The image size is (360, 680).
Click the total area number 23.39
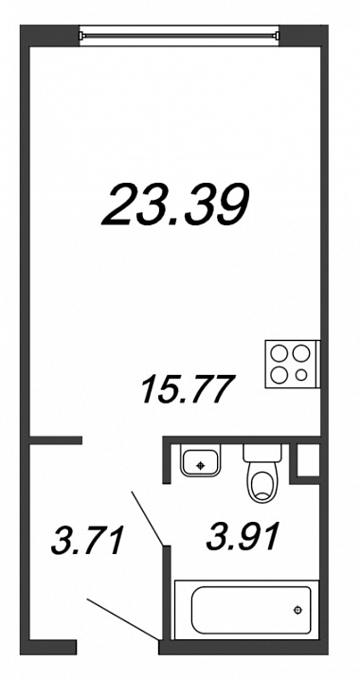click(x=175, y=205)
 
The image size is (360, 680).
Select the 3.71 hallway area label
click(x=87, y=540)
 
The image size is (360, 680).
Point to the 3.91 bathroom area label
click(x=242, y=536)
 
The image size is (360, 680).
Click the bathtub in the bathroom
click(x=246, y=610)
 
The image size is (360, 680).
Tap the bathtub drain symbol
click(x=297, y=610)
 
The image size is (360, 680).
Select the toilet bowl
click(x=262, y=483)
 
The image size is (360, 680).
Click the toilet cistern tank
click(x=262, y=453)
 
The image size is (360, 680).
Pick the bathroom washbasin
click(x=201, y=460)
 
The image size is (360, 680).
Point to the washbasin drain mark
click(x=200, y=466)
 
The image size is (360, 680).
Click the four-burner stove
click(x=293, y=365)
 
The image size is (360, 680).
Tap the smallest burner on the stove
click(x=300, y=374)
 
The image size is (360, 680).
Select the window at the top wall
click(x=179, y=36)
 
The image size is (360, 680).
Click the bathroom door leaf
click(x=147, y=518)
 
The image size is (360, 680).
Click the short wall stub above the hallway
click(x=56, y=440)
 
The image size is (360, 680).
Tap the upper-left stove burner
click(x=279, y=354)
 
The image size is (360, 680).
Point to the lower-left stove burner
click(x=279, y=374)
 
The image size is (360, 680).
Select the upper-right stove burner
click(x=300, y=353)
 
